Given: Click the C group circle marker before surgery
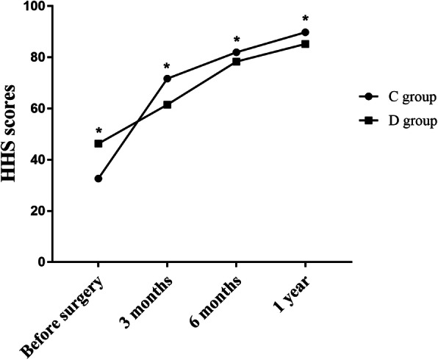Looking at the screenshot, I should tap(98, 179).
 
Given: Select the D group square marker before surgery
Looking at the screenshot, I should tap(98, 143).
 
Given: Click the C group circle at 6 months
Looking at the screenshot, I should tap(236, 52).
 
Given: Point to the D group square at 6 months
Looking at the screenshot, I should tap(236, 62).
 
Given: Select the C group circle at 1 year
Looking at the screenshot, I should tap(305, 32).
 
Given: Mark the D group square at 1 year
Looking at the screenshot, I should tap(305, 44).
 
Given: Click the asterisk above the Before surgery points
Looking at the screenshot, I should tap(98, 131).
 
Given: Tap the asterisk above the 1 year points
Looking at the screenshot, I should tap(305, 19).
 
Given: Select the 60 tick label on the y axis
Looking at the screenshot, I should tap(35, 109).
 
